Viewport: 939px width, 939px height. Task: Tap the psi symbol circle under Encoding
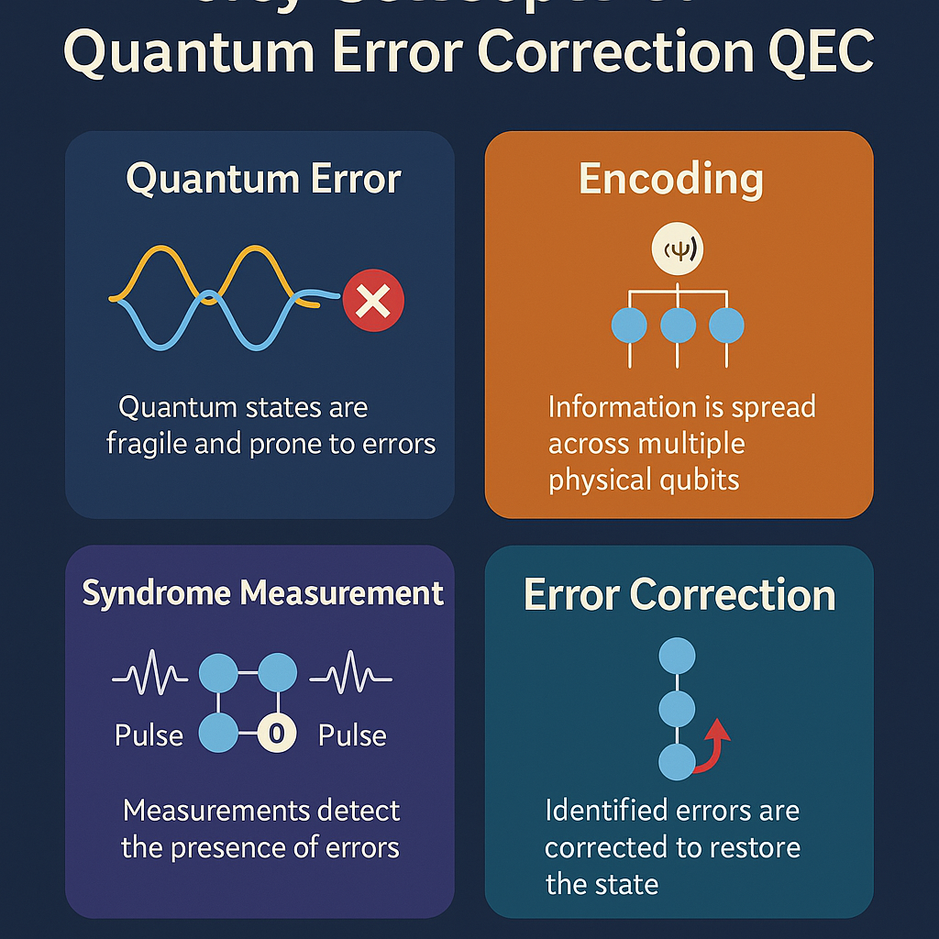point(677,249)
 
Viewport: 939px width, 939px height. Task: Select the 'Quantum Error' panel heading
point(263,178)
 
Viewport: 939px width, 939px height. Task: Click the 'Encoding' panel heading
point(671,178)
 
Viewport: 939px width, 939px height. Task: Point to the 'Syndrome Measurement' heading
point(263,593)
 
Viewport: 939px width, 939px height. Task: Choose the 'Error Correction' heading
point(679,595)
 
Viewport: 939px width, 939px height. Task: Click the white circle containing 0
point(275,733)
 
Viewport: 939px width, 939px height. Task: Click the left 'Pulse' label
point(149,735)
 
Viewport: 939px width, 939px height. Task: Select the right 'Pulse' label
point(352,735)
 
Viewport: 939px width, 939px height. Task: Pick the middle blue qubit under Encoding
point(678,326)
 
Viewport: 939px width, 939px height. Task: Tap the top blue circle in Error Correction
point(678,655)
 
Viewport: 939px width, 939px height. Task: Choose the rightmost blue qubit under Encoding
point(726,326)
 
